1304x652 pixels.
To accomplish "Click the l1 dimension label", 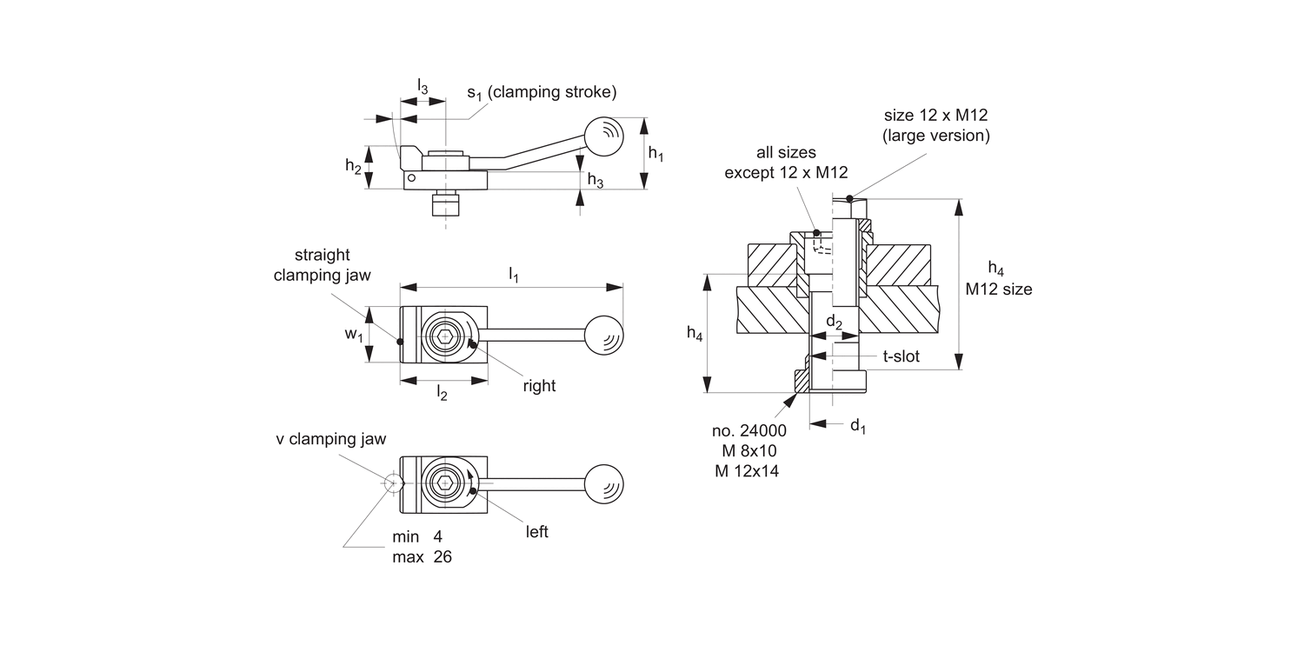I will tap(513, 276).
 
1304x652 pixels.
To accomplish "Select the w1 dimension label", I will tap(353, 335).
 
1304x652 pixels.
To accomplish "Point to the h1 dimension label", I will tap(656, 154).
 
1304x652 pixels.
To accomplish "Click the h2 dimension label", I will tap(353, 166).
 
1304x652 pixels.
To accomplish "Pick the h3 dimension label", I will tap(595, 180).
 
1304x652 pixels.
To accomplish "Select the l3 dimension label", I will tap(422, 86).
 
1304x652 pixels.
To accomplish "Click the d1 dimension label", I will tap(857, 425).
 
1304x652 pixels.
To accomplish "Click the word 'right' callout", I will tap(539, 386).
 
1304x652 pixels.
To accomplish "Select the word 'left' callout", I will tap(537, 531).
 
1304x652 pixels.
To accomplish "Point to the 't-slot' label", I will tap(901, 356).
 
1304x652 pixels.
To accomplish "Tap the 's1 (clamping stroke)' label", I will tap(541, 92).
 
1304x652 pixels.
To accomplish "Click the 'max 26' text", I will tap(422, 557).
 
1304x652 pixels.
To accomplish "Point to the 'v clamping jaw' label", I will tap(330, 440).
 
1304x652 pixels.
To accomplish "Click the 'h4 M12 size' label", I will tap(999, 278).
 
